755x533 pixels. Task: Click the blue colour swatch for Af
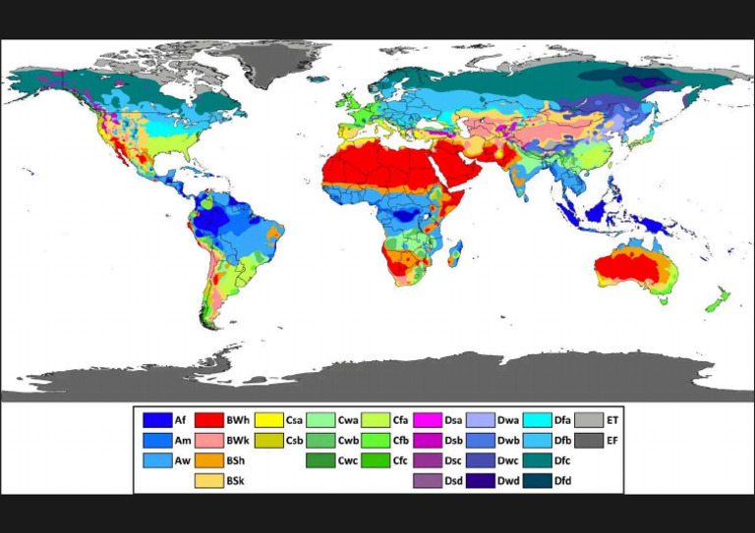156,420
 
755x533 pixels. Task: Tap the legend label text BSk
236,480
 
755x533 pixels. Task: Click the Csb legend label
294,440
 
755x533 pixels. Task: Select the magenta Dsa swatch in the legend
428,420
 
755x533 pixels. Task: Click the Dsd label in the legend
454,480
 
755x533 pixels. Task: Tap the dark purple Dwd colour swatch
481,480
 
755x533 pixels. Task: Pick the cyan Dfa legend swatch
536,420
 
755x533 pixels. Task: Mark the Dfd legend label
562,480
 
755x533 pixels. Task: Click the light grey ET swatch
589,420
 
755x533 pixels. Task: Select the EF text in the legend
612,440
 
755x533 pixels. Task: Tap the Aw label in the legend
182,460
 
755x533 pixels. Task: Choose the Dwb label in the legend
508,440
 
